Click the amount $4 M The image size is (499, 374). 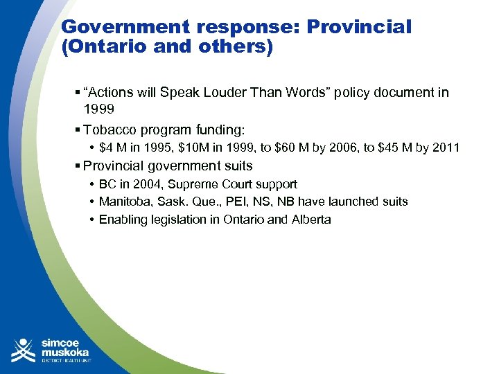113,148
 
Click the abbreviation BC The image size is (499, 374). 107,184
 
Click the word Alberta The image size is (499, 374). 310,220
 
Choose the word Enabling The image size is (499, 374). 123,220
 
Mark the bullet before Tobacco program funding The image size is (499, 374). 77,130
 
